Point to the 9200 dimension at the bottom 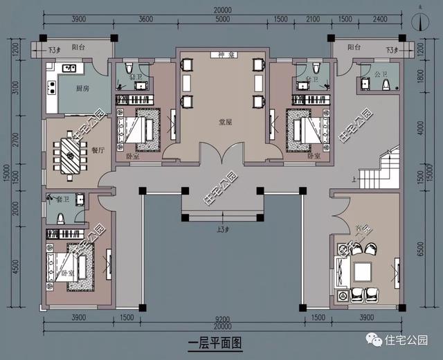pyautogui.click(x=222, y=318)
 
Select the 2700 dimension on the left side pyautogui.click(x=33, y=151)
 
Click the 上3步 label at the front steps pyautogui.click(x=222, y=228)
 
